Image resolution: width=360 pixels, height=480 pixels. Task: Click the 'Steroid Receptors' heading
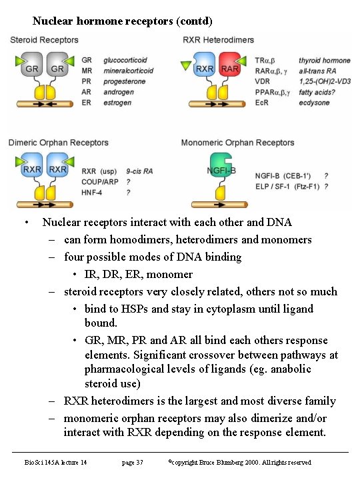44,40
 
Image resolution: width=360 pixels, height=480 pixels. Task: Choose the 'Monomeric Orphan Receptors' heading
237,142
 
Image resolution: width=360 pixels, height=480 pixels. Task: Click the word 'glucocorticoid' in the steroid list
125,60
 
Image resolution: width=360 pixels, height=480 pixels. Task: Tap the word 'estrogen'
117,102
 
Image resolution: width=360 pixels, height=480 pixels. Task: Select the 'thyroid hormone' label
325,60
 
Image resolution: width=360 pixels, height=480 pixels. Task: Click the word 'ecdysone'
315,102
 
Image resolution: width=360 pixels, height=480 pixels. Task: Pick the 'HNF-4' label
91,192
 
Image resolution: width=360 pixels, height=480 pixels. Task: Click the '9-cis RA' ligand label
139,171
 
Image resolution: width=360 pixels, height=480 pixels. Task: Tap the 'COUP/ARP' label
99,181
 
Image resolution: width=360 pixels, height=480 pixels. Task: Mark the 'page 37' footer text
132,462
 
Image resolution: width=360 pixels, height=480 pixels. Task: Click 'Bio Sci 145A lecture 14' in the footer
56,462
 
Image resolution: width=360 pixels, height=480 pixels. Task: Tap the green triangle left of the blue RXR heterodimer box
185,65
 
